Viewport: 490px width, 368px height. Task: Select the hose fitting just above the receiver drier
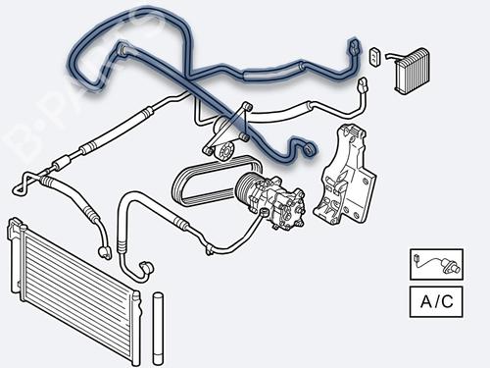(144, 264)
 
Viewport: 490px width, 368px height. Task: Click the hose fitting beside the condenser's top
(100, 253)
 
